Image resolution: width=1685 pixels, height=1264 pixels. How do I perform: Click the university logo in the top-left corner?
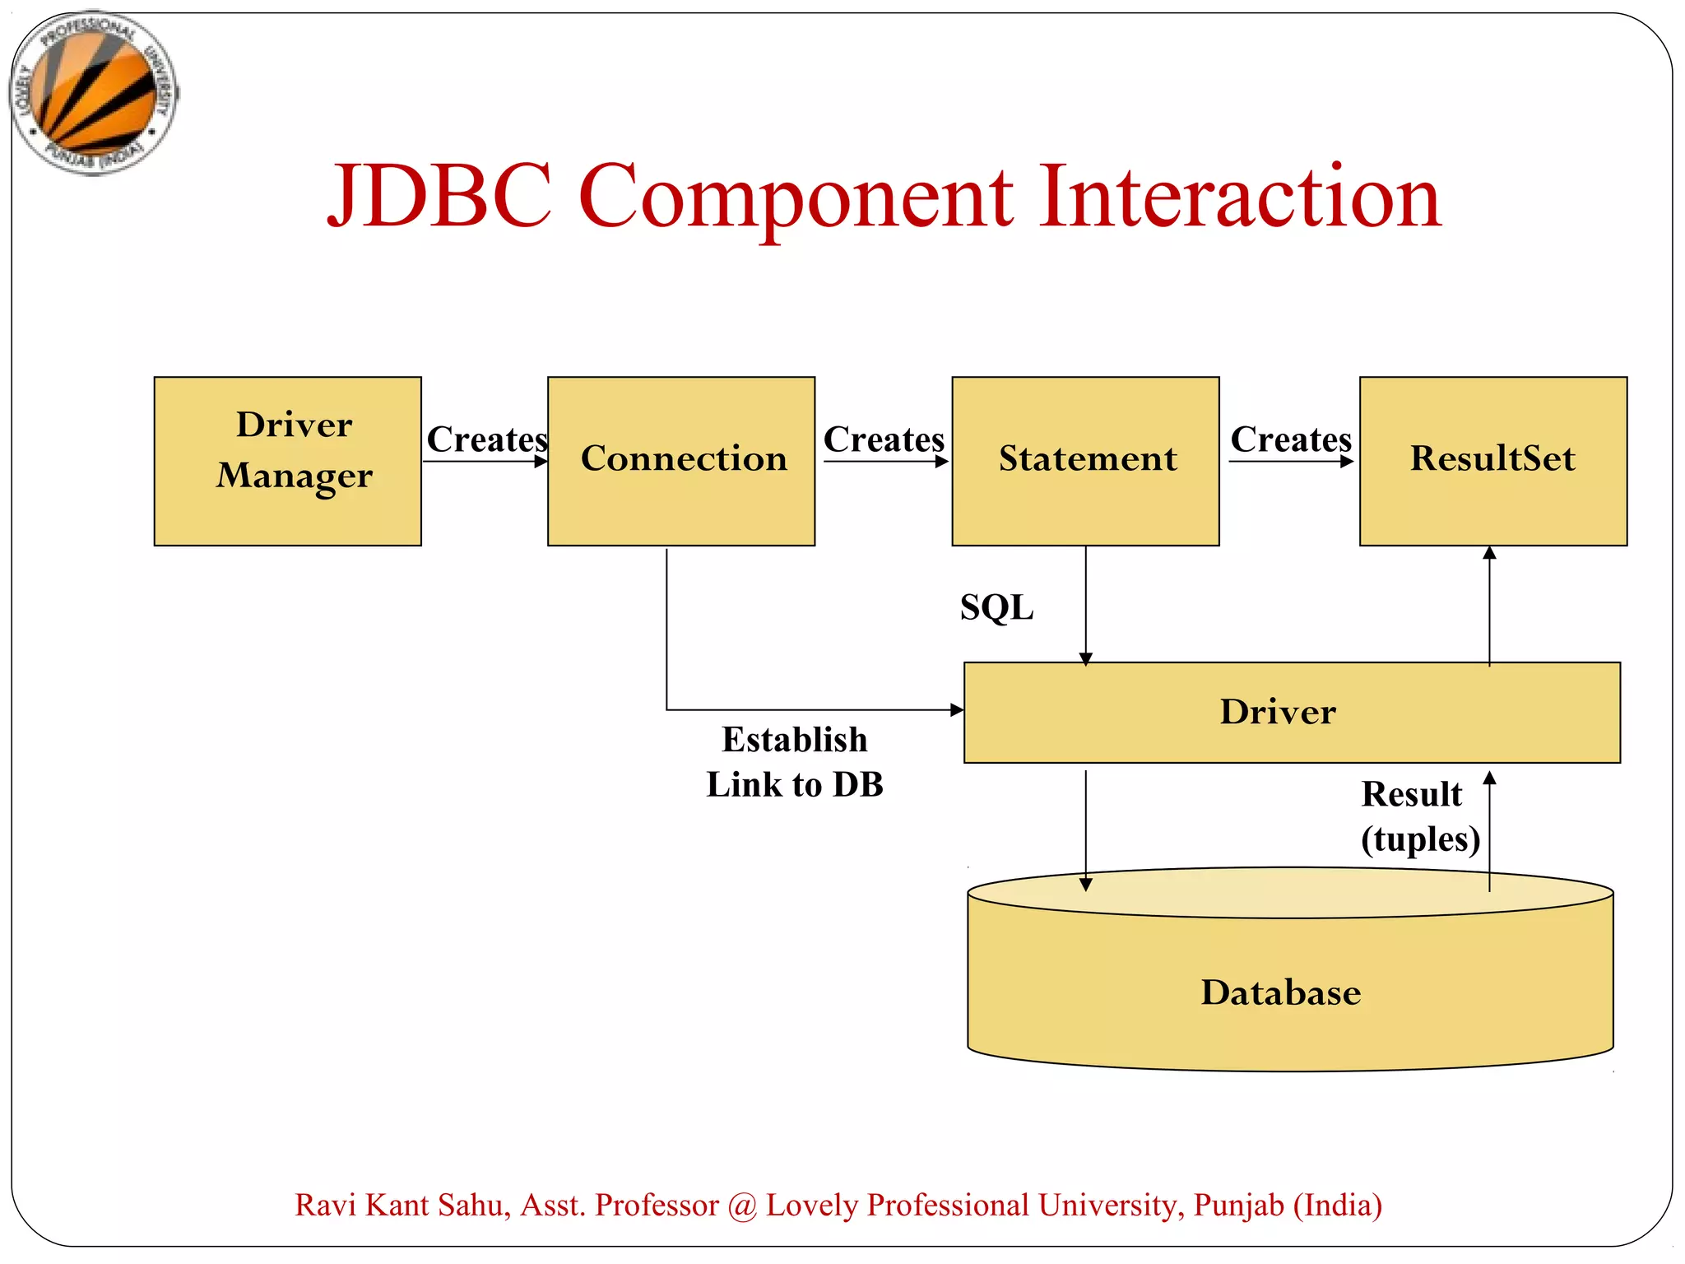pos(93,93)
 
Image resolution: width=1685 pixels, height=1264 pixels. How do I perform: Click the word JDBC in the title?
pos(439,197)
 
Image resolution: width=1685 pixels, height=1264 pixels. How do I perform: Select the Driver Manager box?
pos(287,461)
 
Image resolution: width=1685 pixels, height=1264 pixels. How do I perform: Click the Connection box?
pos(681,461)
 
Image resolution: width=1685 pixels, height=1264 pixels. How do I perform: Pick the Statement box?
pos(1085,461)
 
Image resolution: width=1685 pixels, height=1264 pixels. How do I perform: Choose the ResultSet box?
pos(1492,461)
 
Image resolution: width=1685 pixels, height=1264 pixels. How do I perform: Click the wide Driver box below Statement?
pos(1291,713)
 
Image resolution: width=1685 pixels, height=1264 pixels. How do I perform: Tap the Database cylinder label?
pos(1280,992)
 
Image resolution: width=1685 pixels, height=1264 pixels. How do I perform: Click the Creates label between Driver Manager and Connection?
pos(486,439)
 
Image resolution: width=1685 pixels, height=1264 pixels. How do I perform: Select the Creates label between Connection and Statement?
pos(884,439)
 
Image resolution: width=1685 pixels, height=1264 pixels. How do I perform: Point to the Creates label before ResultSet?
pos(1290,439)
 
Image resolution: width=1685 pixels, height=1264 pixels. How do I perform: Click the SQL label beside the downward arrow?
pos(996,608)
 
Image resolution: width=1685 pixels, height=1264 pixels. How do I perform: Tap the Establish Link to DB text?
pos(795,762)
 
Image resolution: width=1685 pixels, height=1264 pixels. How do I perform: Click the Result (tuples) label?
pos(1419,817)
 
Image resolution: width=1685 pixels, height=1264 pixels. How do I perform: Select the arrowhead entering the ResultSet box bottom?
pos(1489,554)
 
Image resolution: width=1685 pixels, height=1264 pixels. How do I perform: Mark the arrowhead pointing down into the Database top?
pos(1085,885)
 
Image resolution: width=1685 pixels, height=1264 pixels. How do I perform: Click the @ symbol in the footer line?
pos(742,1206)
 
